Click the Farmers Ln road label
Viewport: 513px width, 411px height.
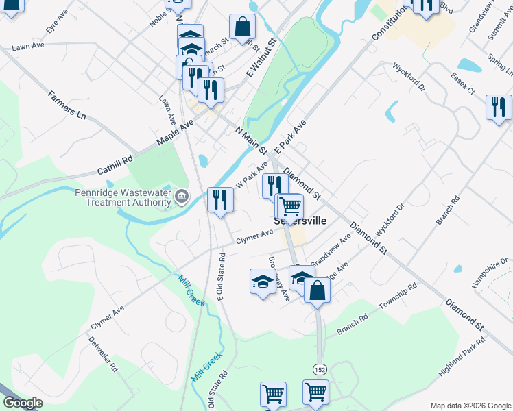point(68,103)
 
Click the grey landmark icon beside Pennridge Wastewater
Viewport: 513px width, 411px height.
point(181,197)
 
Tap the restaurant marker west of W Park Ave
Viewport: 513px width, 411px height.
point(221,200)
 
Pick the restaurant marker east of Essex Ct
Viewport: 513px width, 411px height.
point(499,107)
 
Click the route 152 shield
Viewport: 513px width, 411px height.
point(320,369)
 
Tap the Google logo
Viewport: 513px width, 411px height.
point(22,403)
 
